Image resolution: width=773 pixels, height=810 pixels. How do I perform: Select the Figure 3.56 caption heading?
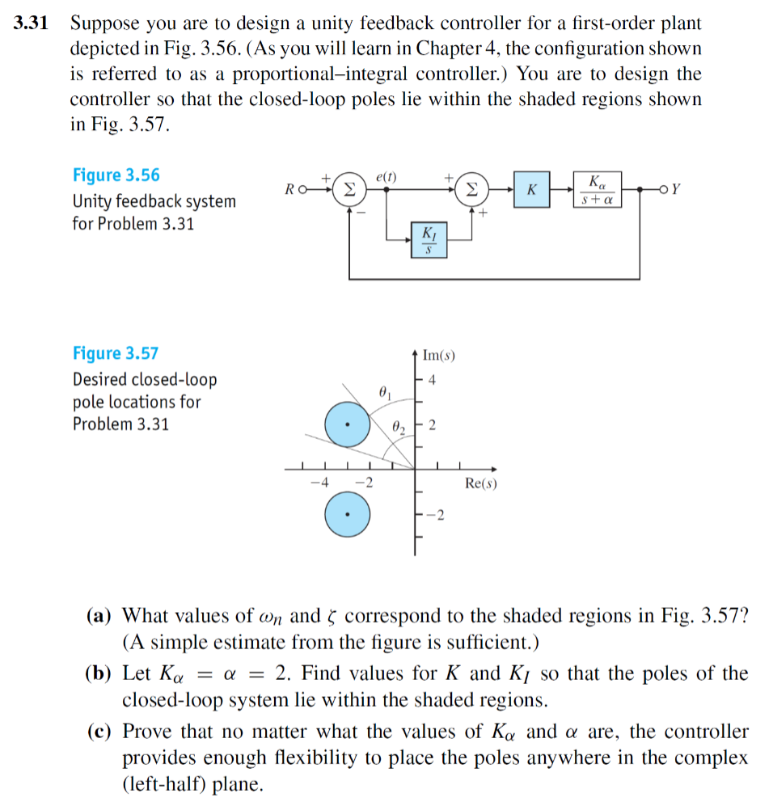tap(116, 175)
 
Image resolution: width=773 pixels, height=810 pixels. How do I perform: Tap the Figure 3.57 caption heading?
tap(116, 353)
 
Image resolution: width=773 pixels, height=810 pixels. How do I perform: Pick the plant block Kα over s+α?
tap(598, 189)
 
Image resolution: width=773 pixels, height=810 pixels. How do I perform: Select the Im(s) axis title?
tap(440, 354)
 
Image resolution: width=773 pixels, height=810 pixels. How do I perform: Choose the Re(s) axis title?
tap(481, 483)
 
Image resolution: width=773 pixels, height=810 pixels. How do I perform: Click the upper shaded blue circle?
tap(347, 424)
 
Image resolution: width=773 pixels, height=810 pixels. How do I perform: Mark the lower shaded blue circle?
tap(347, 514)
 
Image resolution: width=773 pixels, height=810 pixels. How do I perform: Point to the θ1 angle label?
tap(385, 394)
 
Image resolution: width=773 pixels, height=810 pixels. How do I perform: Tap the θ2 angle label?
tap(399, 426)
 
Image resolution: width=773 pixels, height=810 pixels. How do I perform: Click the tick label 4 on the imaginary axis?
tap(433, 380)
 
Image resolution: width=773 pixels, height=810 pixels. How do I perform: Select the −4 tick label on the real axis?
tap(320, 483)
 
